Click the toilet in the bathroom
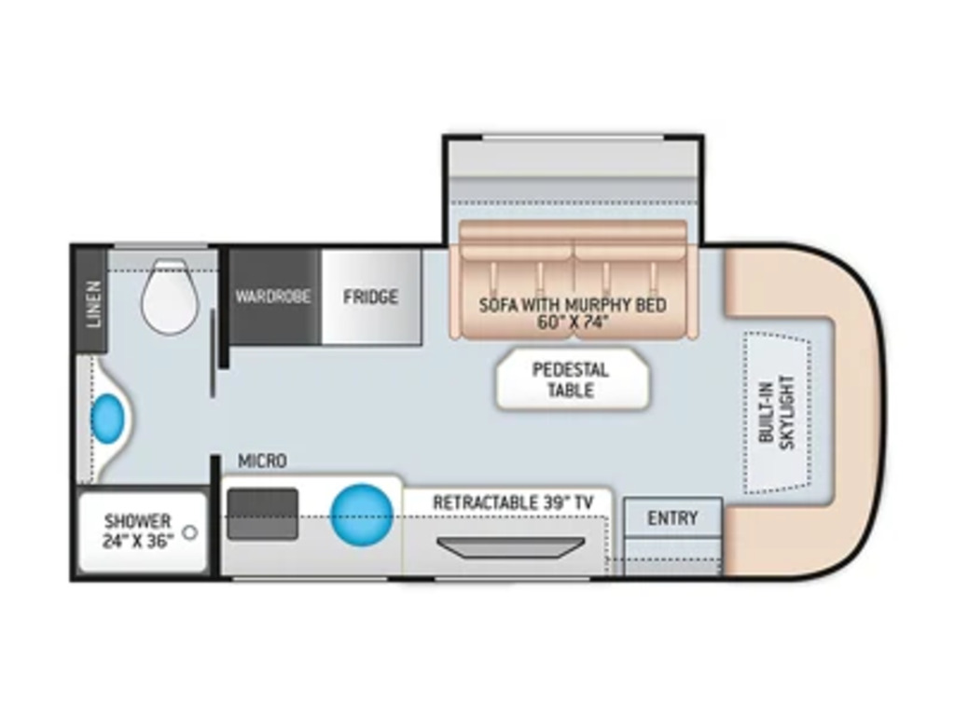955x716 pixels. pyautogui.click(x=170, y=296)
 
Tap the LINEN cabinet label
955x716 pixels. pyautogui.click(x=93, y=304)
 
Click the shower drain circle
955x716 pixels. pyautogui.click(x=190, y=532)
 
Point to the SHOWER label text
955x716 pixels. pyautogui.click(x=137, y=521)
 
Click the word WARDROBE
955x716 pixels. pyautogui.click(x=272, y=297)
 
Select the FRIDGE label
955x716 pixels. pyautogui.click(x=370, y=297)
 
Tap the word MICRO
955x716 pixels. pyautogui.click(x=262, y=461)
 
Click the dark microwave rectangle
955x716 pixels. pyautogui.click(x=263, y=514)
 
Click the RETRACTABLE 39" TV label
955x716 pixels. pyautogui.click(x=512, y=503)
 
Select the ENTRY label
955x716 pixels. pyautogui.click(x=672, y=518)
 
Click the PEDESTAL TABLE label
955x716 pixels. pyautogui.click(x=571, y=380)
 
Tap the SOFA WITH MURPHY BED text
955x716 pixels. pyautogui.click(x=573, y=305)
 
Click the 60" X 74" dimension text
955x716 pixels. pyautogui.click(x=573, y=324)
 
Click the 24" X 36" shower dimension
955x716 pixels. pyautogui.click(x=138, y=541)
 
